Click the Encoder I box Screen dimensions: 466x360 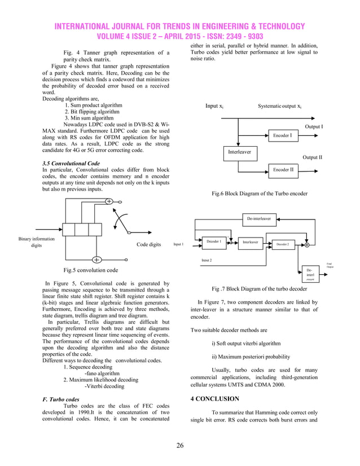(x=282, y=136)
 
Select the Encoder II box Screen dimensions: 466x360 (x=282, y=169)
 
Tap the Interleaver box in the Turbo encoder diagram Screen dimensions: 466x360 (x=239, y=152)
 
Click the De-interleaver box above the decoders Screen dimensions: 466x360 (x=259, y=218)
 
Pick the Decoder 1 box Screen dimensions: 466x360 (x=213, y=242)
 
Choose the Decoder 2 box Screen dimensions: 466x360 (x=282, y=244)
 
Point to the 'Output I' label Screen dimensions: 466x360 (x=314, y=127)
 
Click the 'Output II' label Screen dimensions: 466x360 (x=312, y=157)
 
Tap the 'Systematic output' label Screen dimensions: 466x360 (x=279, y=106)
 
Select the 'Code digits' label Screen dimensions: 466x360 (x=149, y=245)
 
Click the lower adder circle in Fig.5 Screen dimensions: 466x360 (x=96, y=260)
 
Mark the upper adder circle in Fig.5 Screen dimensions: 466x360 (x=109, y=201)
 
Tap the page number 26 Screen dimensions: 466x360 (x=179, y=446)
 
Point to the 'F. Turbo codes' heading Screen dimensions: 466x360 (x=60, y=398)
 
